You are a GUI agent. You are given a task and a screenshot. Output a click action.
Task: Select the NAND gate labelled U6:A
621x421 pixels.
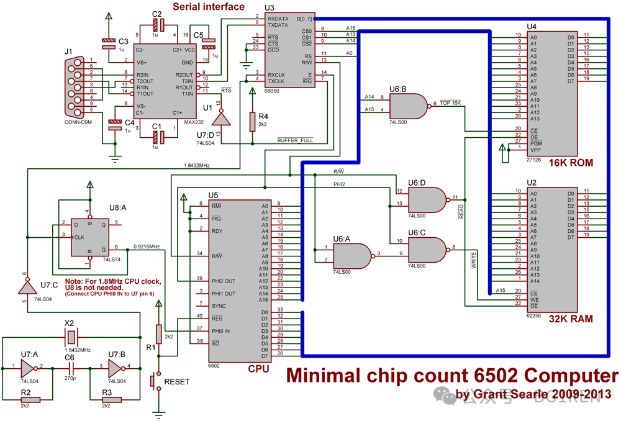coord(351,255)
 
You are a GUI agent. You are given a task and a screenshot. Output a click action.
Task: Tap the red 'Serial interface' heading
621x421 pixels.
coord(208,7)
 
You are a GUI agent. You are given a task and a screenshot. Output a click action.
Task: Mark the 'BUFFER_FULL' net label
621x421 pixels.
coord(296,141)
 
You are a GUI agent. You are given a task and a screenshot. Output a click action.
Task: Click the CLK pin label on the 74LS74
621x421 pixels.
coord(79,237)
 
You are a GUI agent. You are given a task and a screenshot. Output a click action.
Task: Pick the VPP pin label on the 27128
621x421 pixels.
coord(536,150)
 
